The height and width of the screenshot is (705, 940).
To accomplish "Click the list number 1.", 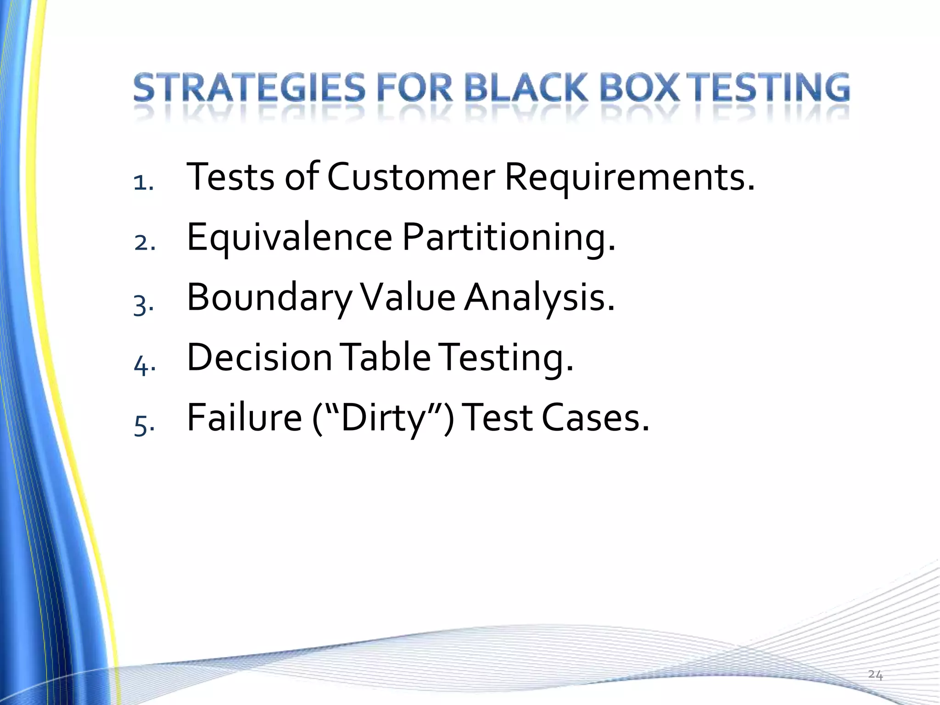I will pyautogui.click(x=143, y=183).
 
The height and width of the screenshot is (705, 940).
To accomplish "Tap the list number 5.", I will pyautogui.click(x=143, y=425).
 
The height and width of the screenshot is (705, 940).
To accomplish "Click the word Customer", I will pyautogui.click(x=411, y=177).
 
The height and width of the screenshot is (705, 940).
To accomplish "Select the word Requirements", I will pyautogui.click(x=629, y=177).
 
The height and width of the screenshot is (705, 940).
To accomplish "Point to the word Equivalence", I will pyautogui.click(x=289, y=238).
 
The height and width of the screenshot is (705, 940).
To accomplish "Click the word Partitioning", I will pyautogui.click(x=509, y=238).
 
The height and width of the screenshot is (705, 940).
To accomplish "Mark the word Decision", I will pyautogui.click(x=259, y=358).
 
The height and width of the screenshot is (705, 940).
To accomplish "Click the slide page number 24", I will pyautogui.click(x=875, y=675).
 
